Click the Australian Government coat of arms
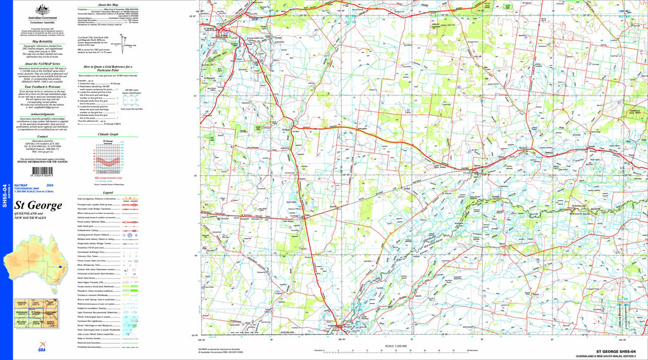[x=43, y=8]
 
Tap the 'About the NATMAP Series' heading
[x=43, y=64]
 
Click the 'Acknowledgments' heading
[x=43, y=115]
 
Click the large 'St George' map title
[x=39, y=206]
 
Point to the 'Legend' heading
[x=108, y=192]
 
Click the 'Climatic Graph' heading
[x=108, y=135]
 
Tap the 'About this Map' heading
[x=108, y=4]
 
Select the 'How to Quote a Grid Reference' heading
[x=108, y=68]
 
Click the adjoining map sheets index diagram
[x=35, y=315]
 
